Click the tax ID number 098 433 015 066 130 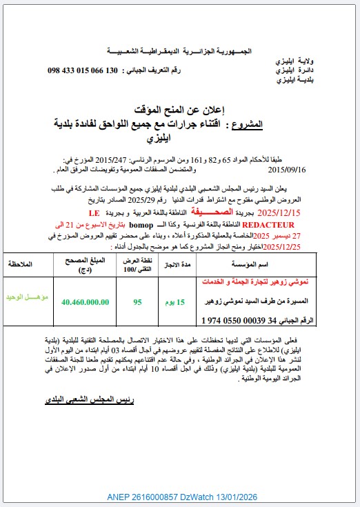point(92,71)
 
